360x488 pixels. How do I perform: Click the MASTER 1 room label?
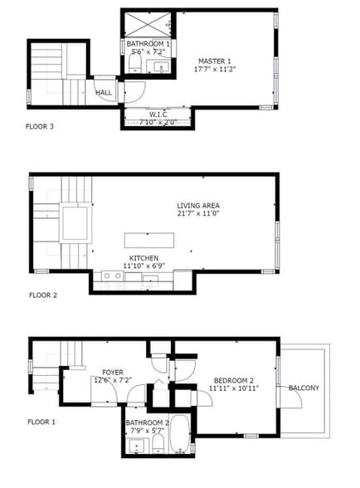tap(213, 60)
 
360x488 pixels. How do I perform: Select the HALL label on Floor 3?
tap(104, 93)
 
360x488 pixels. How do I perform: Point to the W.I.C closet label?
tap(158, 115)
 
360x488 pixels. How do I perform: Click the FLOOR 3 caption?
tap(41, 127)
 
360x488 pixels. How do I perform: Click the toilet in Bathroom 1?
tap(134, 65)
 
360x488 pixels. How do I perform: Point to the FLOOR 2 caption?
tap(43, 295)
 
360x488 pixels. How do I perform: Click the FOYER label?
tap(113, 372)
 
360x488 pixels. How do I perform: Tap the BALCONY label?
tap(304, 388)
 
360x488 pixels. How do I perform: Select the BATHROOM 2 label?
tap(148, 422)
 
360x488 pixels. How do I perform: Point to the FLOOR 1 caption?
tap(41, 422)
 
